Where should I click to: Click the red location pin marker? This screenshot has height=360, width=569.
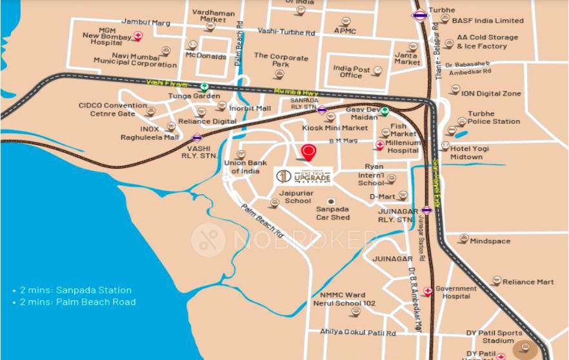pos(309,152)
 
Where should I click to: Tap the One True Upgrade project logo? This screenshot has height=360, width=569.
pos(303,175)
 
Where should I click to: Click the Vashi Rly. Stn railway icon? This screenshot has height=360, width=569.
pos(197,137)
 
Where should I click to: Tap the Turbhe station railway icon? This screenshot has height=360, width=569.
pos(419,15)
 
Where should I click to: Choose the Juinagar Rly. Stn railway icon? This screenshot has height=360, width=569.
pos(426,210)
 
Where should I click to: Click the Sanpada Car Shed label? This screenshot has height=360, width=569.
pos(332,213)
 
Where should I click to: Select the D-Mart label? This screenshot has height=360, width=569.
pos(382,196)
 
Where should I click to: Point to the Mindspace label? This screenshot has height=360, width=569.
pos(490,241)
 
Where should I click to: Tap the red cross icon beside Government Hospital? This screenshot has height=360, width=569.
pos(427,292)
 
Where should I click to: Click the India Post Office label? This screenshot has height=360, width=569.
pos(352,72)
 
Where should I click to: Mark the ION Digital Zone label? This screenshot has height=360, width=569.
pos(491,94)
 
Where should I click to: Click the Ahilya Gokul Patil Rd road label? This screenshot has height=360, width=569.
pos(358,332)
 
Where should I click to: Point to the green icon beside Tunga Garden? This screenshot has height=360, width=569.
pos(205,86)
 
